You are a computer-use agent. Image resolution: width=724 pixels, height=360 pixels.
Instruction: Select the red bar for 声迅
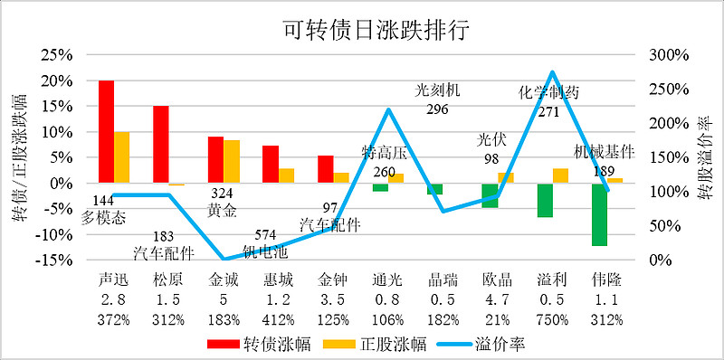[107, 131]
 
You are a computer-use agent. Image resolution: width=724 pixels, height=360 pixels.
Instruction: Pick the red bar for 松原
[161, 145]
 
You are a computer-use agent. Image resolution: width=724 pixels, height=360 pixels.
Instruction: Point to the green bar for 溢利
[545, 200]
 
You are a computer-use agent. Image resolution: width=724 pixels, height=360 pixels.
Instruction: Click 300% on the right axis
[669, 55]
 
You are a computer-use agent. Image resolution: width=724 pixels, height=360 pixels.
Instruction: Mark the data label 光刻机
[437, 90]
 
